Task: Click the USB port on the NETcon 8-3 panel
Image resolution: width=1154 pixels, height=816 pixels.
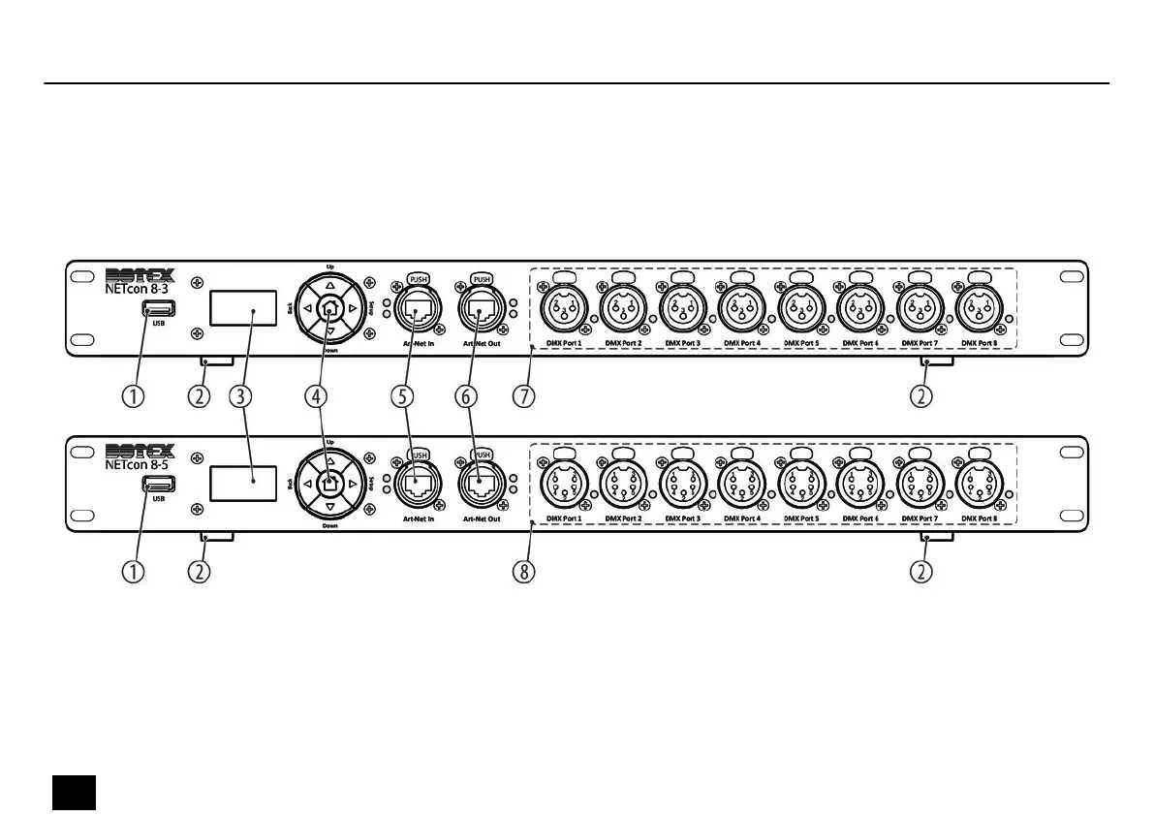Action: click(x=157, y=309)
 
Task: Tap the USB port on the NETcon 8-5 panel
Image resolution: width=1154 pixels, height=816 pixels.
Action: click(x=157, y=485)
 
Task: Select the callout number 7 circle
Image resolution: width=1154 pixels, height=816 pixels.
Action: click(x=524, y=395)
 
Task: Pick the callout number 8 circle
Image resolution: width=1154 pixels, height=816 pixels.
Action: click(x=524, y=571)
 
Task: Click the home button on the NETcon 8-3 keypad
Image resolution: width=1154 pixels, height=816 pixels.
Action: click(x=330, y=308)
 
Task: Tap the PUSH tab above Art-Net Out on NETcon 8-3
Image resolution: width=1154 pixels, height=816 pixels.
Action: click(x=482, y=279)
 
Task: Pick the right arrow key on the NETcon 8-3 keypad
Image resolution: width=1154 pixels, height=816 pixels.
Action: click(x=353, y=308)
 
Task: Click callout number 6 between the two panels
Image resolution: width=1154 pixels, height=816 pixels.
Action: click(x=466, y=395)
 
